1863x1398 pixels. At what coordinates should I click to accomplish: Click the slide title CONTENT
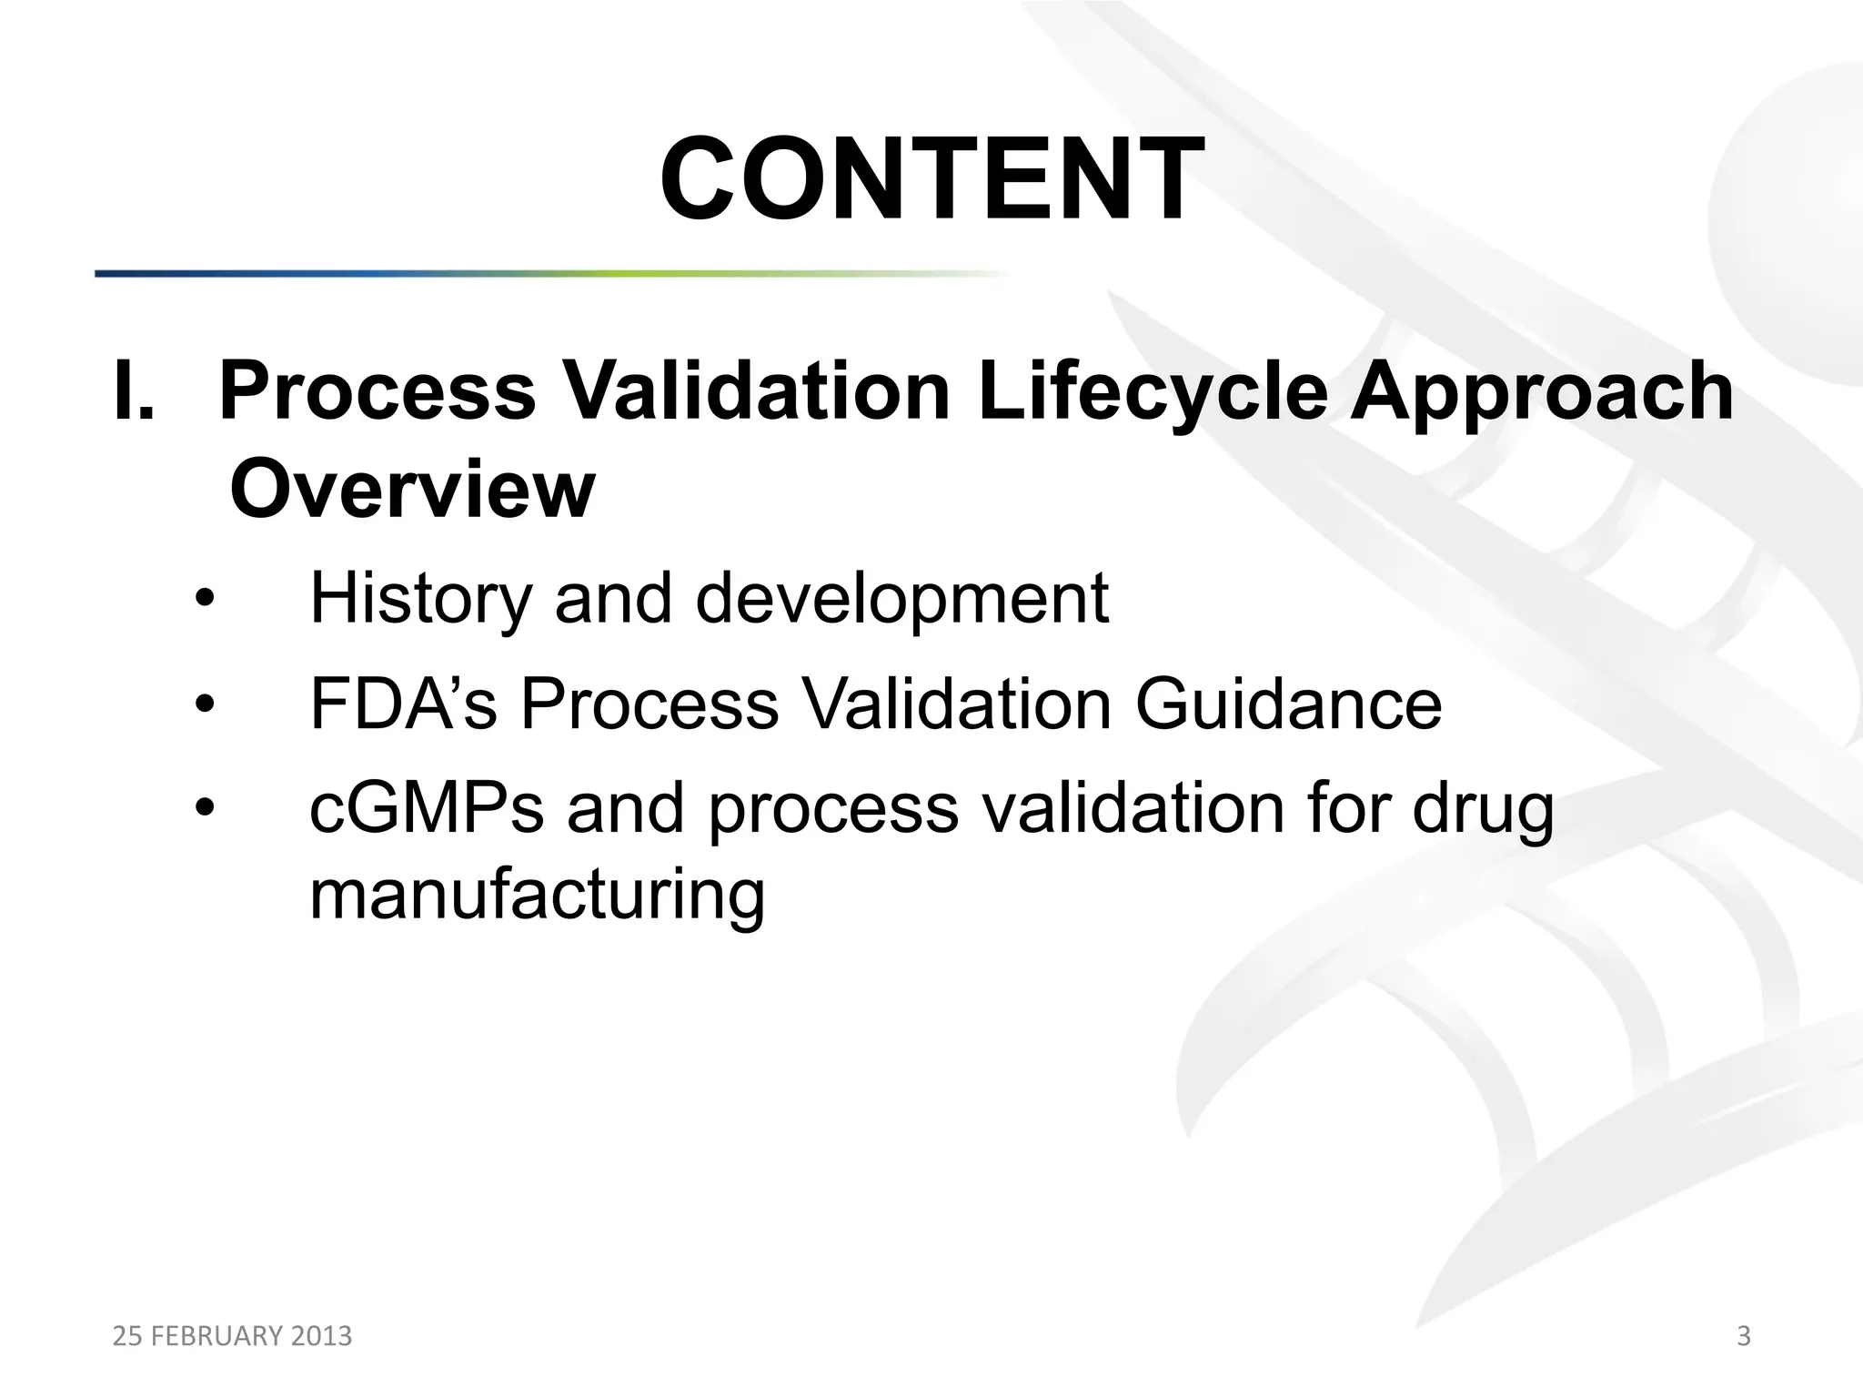tap(931, 178)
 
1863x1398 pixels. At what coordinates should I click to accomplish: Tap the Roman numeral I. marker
tap(135, 391)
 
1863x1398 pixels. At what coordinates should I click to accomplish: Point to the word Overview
tap(411, 490)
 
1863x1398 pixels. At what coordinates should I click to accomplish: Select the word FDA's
tap(403, 704)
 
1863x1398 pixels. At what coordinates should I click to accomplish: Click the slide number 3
tap(1743, 1336)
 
